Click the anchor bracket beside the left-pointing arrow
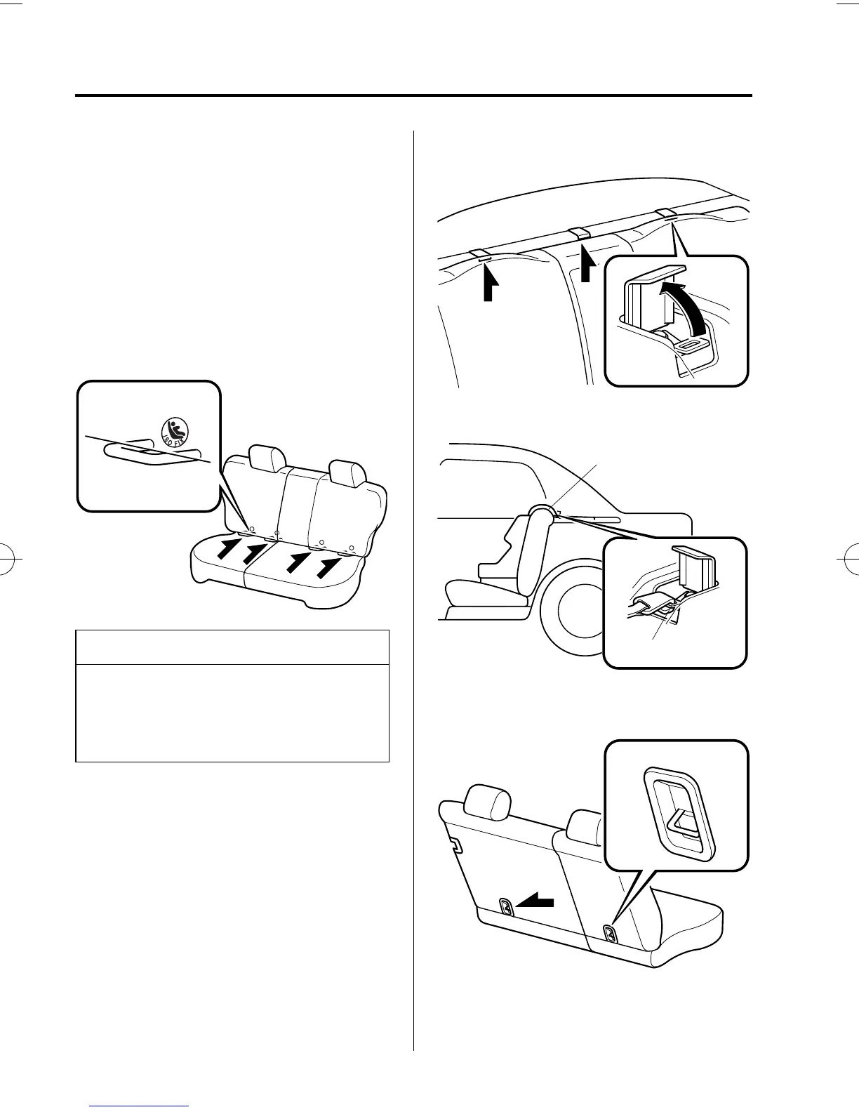pyautogui.click(x=505, y=906)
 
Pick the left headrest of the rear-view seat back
pyautogui.click(x=488, y=802)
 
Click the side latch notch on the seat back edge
pyautogui.click(x=454, y=845)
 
